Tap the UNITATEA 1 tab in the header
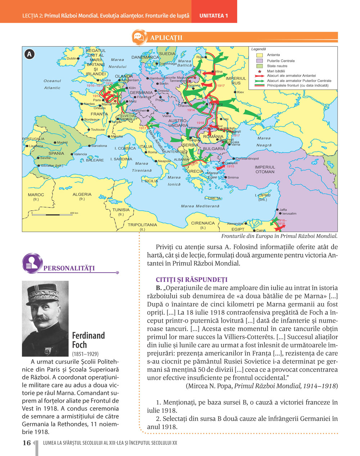coord(214,16)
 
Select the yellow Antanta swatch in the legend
coord(259,55)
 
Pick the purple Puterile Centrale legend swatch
coord(259,61)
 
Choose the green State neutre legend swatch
coord(259,66)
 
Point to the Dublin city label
coord(72,58)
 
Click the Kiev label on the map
coord(240,92)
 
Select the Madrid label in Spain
coord(62,143)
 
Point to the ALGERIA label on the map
coord(82,195)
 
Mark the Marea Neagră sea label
coord(264,142)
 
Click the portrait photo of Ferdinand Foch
coord(45,319)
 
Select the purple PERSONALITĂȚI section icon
coord(32,263)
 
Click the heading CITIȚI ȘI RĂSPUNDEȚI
coord(192,280)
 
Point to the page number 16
coord(27,443)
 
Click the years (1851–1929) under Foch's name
coord(85,354)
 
